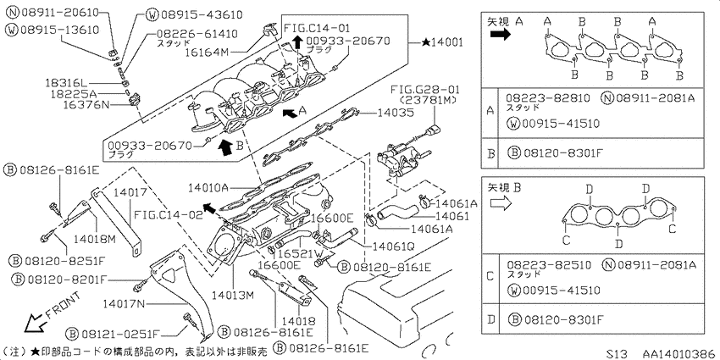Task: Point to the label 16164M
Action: pos(206,52)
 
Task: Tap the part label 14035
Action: pos(395,113)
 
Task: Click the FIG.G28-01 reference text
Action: pos(424,90)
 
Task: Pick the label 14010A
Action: pos(208,188)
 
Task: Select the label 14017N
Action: pos(124,303)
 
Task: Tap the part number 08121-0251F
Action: pos(121,332)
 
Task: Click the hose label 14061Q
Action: pos(394,246)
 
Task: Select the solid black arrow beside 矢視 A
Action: pos(500,35)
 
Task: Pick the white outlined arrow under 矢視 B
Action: pos(501,202)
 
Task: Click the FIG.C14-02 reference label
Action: pos(168,214)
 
